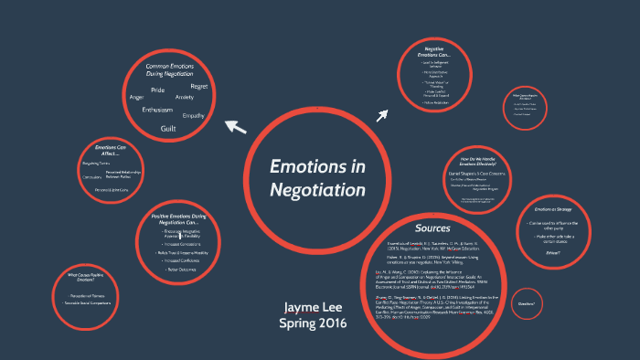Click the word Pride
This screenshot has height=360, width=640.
(x=157, y=90)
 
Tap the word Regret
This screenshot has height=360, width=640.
(x=200, y=86)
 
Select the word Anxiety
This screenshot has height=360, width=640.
(x=184, y=96)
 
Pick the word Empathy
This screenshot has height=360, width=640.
(x=193, y=116)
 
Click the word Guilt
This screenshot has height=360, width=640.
(x=168, y=129)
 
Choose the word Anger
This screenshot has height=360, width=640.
(x=137, y=97)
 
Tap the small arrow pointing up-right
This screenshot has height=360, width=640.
(x=382, y=114)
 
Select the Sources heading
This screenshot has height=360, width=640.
(x=432, y=228)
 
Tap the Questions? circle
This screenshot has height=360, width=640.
(x=526, y=303)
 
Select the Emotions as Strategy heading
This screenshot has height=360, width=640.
(x=553, y=209)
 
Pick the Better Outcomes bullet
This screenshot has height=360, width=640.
(x=179, y=270)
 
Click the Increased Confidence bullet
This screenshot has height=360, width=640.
(x=180, y=260)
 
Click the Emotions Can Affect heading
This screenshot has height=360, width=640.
(x=111, y=150)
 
